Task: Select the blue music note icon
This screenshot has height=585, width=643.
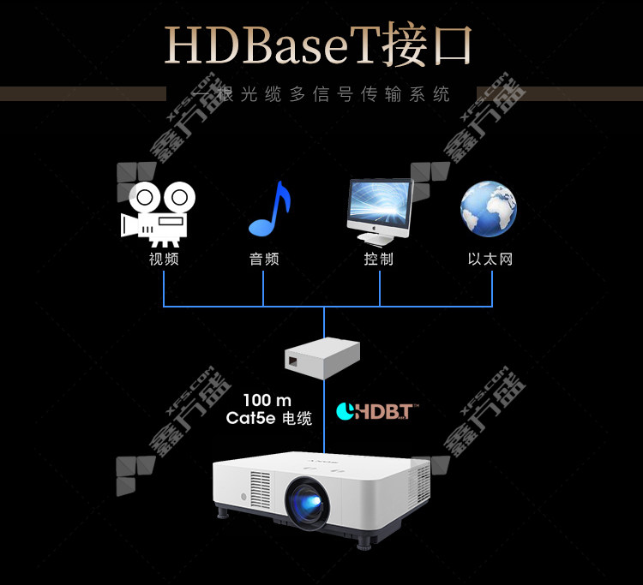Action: [268, 209]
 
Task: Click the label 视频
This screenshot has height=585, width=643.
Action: [163, 259]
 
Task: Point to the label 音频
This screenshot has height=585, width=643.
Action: [264, 259]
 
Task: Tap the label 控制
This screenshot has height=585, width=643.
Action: [378, 259]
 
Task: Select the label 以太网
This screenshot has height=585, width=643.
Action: [490, 259]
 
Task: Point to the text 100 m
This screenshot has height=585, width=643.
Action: [267, 401]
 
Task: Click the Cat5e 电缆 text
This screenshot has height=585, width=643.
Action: [268, 419]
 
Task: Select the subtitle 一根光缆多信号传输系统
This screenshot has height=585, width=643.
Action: [322, 94]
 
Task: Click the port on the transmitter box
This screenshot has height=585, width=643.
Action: [294, 361]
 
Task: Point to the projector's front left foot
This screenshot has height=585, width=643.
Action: [225, 515]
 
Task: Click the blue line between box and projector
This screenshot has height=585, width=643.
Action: [324, 424]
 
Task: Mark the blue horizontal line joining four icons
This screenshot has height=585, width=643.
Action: [326, 306]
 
